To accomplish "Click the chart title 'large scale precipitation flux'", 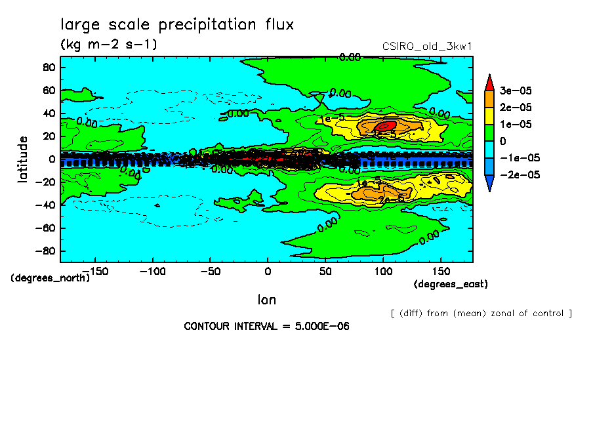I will pos(177,24).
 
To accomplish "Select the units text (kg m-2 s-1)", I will pos(108,45).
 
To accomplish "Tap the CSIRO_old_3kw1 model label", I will pos(427,46).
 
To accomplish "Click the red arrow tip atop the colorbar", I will pos(489,81).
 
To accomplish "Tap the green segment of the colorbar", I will pos(489,133).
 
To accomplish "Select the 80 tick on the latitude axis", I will pos(47,68).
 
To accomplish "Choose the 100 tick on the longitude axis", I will pos(383,271).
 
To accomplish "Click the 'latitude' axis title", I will pos(23,159).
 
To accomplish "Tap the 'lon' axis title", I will pos(266,300).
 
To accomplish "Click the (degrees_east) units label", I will pos(450,284).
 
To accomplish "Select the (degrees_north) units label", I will pos(51,277).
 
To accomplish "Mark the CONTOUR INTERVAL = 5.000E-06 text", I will pos(266,326).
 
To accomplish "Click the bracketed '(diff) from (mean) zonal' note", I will pos(481,313).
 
